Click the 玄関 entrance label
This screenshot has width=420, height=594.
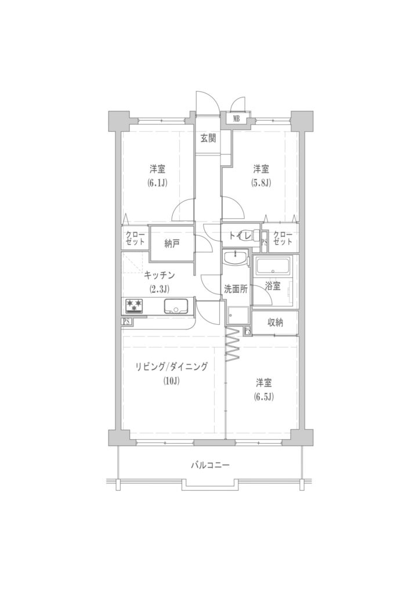(x=208, y=138)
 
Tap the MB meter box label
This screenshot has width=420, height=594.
(x=236, y=118)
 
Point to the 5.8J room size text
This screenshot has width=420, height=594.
(x=262, y=183)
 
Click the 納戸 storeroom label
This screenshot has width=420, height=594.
(x=172, y=244)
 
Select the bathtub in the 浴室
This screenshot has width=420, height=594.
(x=273, y=267)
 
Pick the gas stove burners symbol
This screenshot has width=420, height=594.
(x=133, y=306)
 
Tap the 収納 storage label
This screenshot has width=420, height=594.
(x=276, y=323)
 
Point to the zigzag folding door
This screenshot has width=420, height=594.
(x=233, y=343)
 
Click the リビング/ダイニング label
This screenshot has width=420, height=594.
(x=172, y=367)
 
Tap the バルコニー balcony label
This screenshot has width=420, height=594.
(x=210, y=465)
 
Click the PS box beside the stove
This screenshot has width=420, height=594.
(x=126, y=321)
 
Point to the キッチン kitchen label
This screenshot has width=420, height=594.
(x=159, y=276)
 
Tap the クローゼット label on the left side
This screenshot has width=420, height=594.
(x=135, y=238)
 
